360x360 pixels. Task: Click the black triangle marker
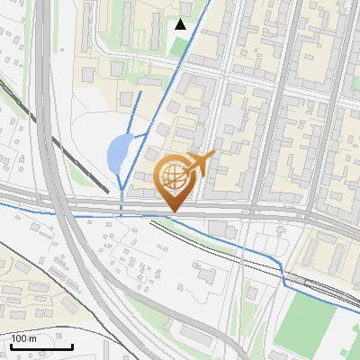click(181, 24)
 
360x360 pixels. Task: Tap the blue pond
click(117, 154)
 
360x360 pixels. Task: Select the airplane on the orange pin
click(201, 163)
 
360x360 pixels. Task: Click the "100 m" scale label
click(24, 338)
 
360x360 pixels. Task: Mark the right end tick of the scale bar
click(73, 345)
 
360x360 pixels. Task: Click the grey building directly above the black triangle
click(184, 10)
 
